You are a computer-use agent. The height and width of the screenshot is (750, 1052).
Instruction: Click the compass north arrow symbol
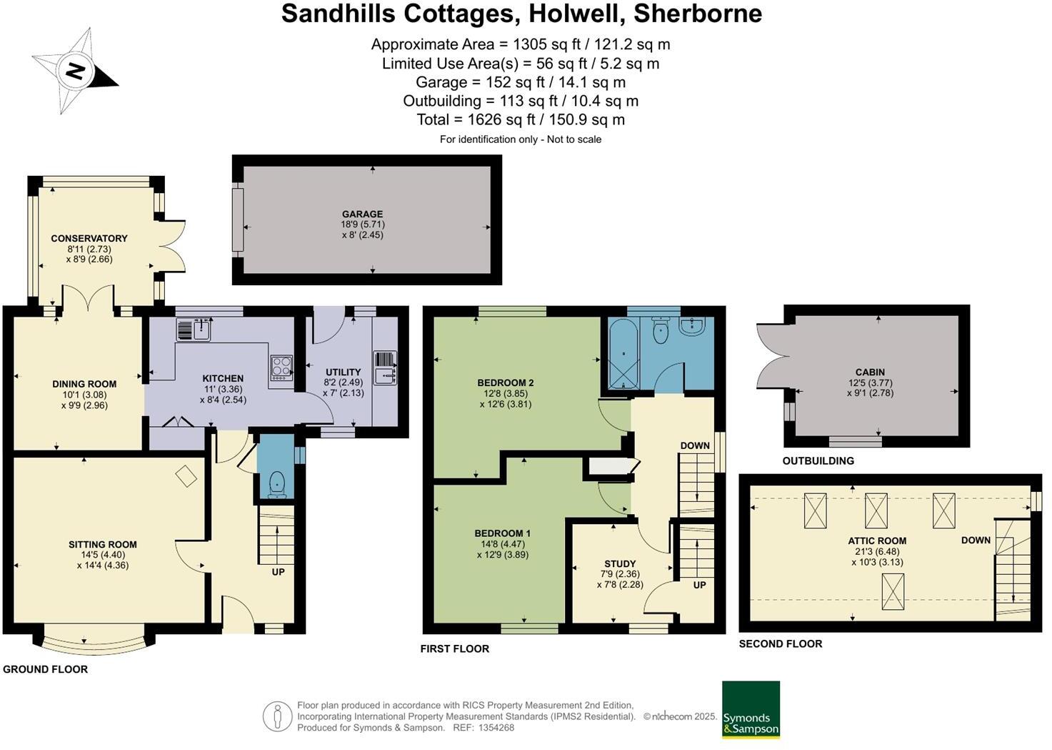pyautogui.click(x=74, y=71)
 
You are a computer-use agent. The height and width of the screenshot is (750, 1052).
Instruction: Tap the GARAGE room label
pyautogui.click(x=362, y=214)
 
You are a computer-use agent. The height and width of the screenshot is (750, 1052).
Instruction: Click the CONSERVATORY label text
pyautogui.click(x=89, y=238)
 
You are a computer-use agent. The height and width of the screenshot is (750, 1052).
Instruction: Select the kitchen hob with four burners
pyautogui.click(x=281, y=367)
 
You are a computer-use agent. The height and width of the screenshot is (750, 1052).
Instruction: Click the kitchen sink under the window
pyautogui.click(x=194, y=330)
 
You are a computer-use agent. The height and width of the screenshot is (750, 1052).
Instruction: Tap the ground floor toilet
pyautogui.click(x=276, y=485)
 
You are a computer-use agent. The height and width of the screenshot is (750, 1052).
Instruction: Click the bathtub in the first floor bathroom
pyautogui.click(x=623, y=355)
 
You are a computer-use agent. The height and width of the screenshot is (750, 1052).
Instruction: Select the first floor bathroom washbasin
pyautogui.click(x=692, y=327)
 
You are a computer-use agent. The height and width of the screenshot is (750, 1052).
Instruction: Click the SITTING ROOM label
pyautogui.click(x=103, y=544)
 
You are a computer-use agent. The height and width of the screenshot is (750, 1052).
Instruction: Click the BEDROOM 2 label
pyautogui.click(x=506, y=383)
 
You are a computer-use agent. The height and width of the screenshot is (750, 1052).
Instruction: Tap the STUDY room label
pyautogui.click(x=619, y=563)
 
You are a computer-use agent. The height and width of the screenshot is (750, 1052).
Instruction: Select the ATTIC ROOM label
pyautogui.click(x=877, y=541)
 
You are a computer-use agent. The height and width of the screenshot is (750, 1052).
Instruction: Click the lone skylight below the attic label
pyautogui.click(x=893, y=591)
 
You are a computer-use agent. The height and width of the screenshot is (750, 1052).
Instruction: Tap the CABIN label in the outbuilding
pyautogui.click(x=870, y=372)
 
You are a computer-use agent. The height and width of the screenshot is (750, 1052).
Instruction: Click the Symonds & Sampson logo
pyautogui.click(x=751, y=709)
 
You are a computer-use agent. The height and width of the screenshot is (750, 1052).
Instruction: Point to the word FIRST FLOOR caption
pyautogui.click(x=455, y=648)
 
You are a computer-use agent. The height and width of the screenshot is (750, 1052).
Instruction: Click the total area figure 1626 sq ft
pyautogui.click(x=521, y=119)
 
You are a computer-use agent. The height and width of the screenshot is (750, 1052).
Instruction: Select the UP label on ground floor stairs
pyautogui.click(x=278, y=571)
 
